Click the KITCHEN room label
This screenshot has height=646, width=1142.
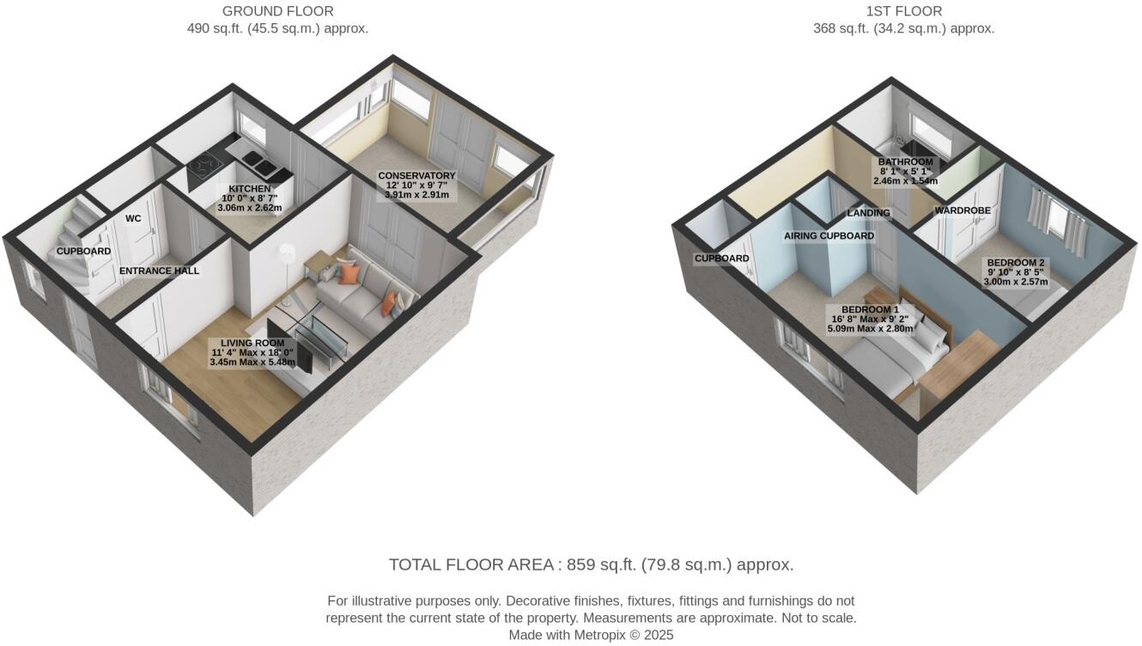[250, 189]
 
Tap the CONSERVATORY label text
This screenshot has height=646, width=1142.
[416, 176]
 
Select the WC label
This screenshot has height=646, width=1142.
[133, 219]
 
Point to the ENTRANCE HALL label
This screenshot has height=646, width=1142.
[159, 271]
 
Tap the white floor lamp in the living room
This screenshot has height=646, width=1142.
[287, 254]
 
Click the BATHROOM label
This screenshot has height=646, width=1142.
[905, 162]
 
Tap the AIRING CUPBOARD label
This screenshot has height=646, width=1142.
[829, 235]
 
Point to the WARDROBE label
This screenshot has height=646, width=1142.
[963, 210]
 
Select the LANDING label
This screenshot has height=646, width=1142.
[868, 213]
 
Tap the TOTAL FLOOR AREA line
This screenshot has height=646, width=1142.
[591, 565]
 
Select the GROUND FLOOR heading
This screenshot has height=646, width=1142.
[277, 11]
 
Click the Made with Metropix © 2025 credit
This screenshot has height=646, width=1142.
[591, 636]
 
